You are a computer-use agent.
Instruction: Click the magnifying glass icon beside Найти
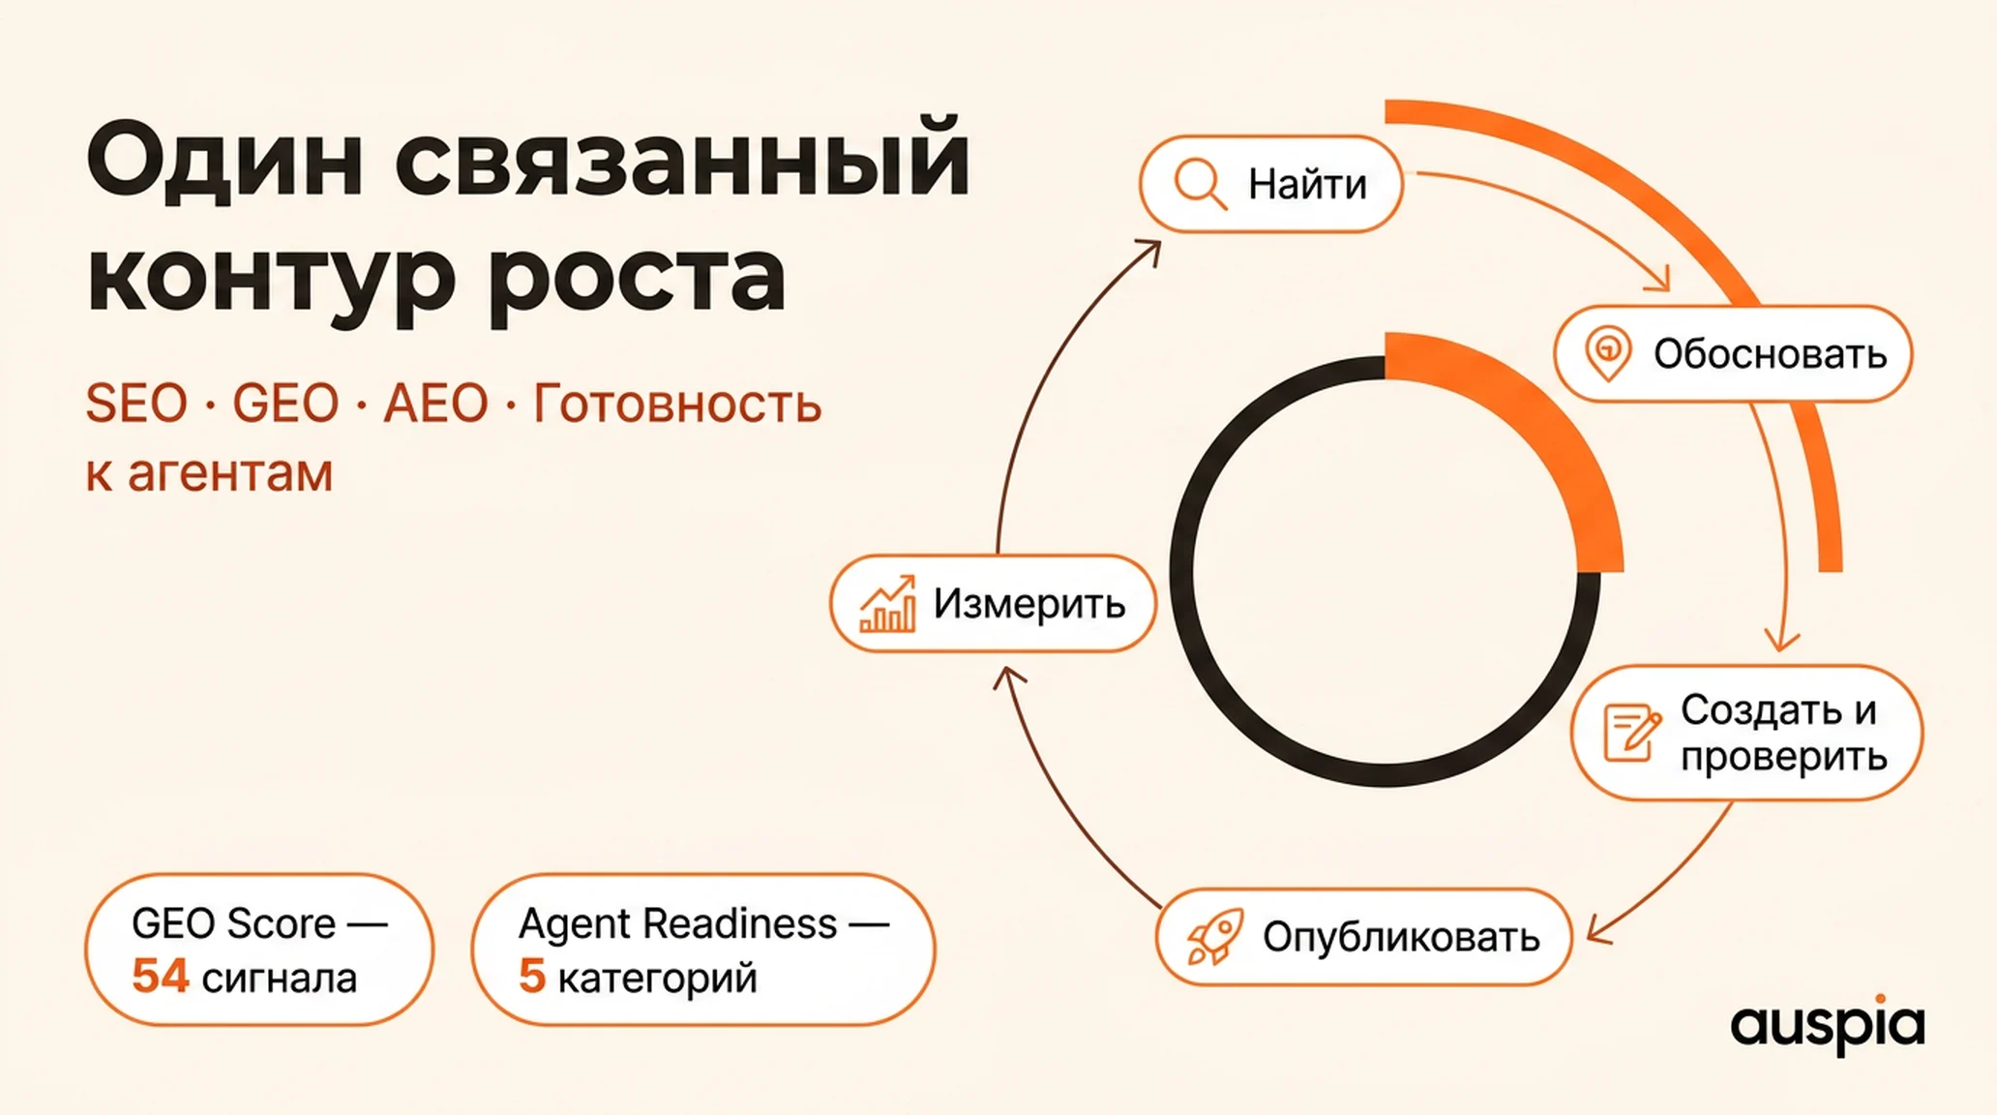[x=1200, y=183]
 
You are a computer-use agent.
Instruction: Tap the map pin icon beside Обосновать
[x=1608, y=353]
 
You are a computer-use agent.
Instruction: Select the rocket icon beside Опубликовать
[x=1214, y=937]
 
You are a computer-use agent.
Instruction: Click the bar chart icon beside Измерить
[x=887, y=604]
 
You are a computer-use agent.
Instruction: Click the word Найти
[x=1307, y=184]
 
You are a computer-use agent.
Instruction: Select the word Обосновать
[x=1770, y=354]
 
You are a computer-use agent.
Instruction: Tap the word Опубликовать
[x=1401, y=937]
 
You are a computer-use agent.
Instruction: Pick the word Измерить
[x=1029, y=604]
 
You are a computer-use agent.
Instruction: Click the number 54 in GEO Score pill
[x=160, y=976]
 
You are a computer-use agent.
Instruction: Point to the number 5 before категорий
[x=531, y=976]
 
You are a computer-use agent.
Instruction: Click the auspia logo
[x=1827, y=1024]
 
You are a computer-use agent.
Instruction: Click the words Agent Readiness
[x=677, y=924]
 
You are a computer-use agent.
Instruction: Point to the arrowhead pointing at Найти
[x=1149, y=251]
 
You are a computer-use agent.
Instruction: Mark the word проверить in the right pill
[x=1783, y=757]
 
